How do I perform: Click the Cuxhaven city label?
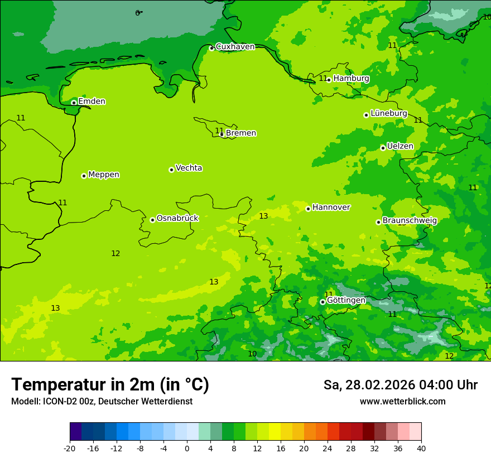pos(235,47)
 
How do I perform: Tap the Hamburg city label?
pos(351,79)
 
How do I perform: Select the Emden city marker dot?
pos(74,103)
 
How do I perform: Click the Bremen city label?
pos(241,133)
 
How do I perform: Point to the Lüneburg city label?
pos(389,113)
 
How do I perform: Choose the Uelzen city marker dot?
pos(383,148)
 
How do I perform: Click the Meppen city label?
pos(104,175)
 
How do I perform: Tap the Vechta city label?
pos(189,168)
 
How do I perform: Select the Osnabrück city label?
pos(177,218)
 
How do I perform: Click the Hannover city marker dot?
pos(308,209)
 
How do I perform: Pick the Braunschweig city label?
pos(410,220)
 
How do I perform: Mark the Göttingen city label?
pos(346,300)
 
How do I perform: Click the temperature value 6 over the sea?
pos(137,13)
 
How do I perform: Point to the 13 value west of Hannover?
pos(263,216)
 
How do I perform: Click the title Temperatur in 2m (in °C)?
pos(110,384)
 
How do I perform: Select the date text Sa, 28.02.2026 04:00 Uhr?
pos(400,385)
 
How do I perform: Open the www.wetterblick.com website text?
pos(402,402)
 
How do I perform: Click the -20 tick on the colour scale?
pos(70,448)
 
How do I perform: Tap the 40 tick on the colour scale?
pos(421,448)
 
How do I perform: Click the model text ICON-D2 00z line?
pos(102,402)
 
